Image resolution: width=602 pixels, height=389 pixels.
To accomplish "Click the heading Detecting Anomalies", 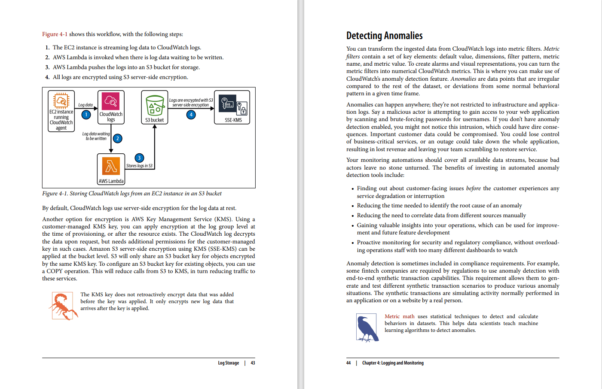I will [x=384, y=36].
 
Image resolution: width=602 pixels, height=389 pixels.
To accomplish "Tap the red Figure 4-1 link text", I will [x=55, y=34].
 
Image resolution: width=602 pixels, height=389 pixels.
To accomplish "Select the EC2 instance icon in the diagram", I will [x=61, y=100].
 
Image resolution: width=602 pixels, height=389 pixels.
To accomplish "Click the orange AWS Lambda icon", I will [x=111, y=166].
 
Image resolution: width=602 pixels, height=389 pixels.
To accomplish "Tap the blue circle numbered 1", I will [x=86, y=115].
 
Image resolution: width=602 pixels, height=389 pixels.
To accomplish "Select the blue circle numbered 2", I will [x=117, y=138].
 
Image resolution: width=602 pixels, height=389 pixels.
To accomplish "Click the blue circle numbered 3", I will [x=139, y=158].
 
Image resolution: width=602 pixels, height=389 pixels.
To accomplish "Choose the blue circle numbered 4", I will [x=191, y=115].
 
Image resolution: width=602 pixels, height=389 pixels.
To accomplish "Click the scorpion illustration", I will [x=64, y=306].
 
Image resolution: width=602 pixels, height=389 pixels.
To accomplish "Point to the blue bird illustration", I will [x=367, y=328].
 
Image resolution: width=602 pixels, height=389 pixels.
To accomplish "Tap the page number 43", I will [x=253, y=363].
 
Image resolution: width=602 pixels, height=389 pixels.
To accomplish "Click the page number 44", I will [x=348, y=363].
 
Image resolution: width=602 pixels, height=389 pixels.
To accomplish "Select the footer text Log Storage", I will [x=228, y=363].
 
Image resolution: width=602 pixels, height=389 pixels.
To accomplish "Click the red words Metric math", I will [x=399, y=316].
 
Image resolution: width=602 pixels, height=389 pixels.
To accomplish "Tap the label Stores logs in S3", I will [x=139, y=166].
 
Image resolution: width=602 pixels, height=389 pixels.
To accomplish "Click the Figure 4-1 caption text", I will [x=132, y=194].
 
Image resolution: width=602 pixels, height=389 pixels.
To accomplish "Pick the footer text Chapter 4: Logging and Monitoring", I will [x=393, y=363].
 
